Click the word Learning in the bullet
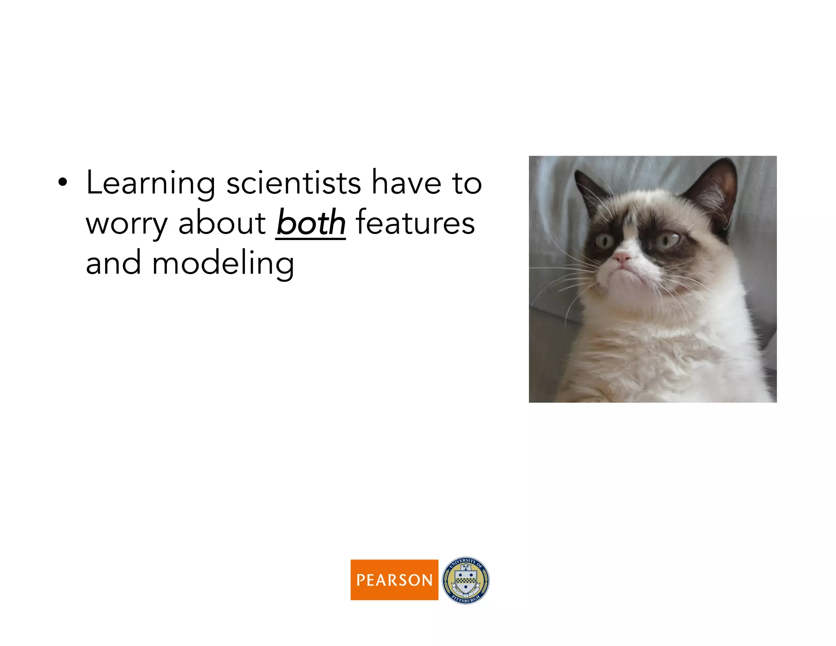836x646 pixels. tap(150, 184)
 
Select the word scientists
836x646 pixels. tap(293, 183)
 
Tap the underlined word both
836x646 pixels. tap(311, 223)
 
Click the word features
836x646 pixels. tap(415, 223)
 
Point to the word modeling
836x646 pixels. tap(223, 264)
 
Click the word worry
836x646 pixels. tap(127, 225)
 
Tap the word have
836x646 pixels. tap(406, 183)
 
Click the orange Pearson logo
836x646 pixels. tap(394, 579)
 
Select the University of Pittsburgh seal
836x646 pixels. tap(465, 580)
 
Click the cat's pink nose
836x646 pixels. tap(622, 257)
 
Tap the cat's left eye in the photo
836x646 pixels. tap(605, 241)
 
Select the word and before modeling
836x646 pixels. tap(113, 264)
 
